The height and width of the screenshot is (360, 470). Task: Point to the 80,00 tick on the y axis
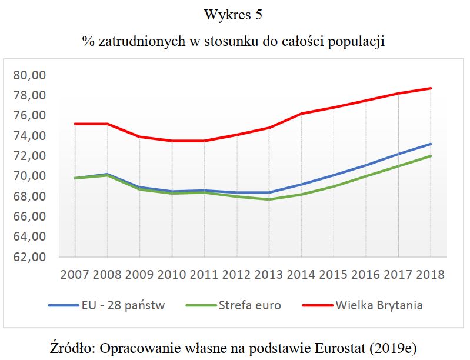pyautogui.click(x=29, y=75)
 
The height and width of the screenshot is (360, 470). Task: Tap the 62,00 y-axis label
pyautogui.click(x=29, y=257)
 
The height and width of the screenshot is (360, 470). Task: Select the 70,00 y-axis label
pyautogui.click(x=29, y=176)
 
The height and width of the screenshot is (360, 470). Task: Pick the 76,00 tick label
pyautogui.click(x=29, y=116)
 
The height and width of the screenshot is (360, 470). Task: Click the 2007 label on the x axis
pyautogui.click(x=75, y=275)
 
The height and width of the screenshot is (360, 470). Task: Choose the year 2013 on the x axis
pyautogui.click(x=269, y=275)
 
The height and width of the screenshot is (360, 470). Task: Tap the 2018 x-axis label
pyautogui.click(x=430, y=275)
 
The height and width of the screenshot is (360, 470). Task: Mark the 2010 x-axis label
pyautogui.click(x=172, y=275)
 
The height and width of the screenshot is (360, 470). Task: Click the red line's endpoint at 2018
pyautogui.click(x=430, y=88)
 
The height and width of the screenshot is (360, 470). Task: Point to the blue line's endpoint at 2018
pyautogui.click(x=430, y=144)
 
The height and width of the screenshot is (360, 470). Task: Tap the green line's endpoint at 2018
pyautogui.click(x=430, y=156)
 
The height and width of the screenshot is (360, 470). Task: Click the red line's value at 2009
pyautogui.click(x=139, y=136)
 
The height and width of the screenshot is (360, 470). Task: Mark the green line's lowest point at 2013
pyautogui.click(x=269, y=199)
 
